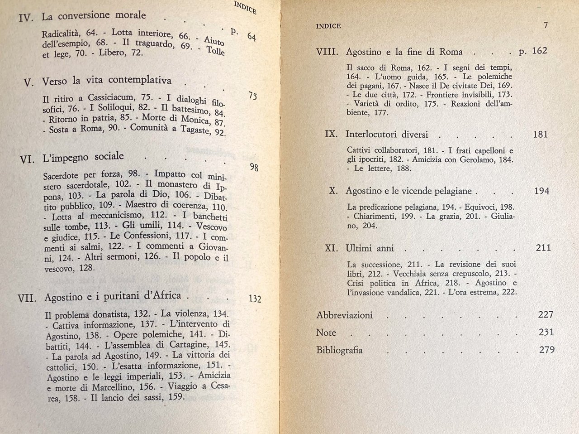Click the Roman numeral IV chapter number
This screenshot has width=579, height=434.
[x=26, y=18]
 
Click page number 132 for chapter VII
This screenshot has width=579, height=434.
[x=255, y=299]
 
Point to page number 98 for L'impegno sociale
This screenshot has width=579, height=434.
[x=254, y=168]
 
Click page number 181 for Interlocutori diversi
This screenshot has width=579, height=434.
[x=540, y=135]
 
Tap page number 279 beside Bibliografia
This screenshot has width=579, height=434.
[x=547, y=350]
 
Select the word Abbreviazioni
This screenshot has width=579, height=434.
[x=344, y=315]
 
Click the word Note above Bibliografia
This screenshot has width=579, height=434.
[x=326, y=333]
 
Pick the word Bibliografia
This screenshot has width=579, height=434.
[x=339, y=350]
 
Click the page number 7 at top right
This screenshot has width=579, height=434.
[x=546, y=25]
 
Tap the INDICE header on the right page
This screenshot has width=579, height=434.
[x=328, y=26]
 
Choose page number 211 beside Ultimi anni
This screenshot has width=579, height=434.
[x=542, y=248]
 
